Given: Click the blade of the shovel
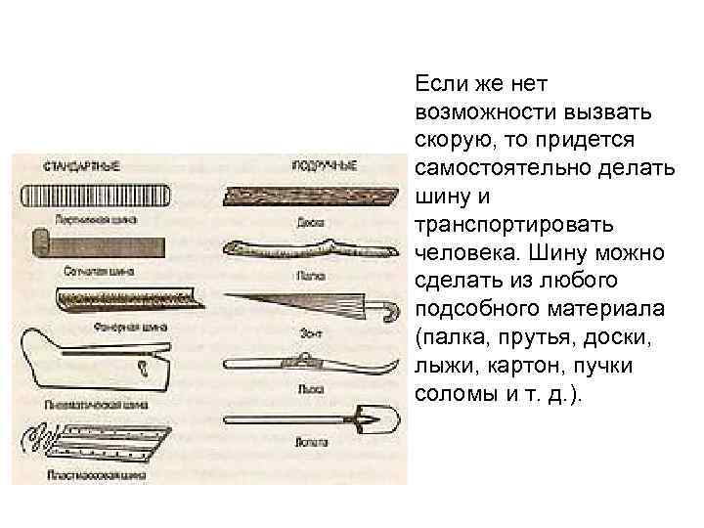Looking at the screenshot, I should pyautogui.click(x=376, y=419).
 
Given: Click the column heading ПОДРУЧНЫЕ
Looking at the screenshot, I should pyautogui.click(x=322, y=164).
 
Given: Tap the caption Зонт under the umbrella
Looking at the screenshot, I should pyautogui.click(x=309, y=333).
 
